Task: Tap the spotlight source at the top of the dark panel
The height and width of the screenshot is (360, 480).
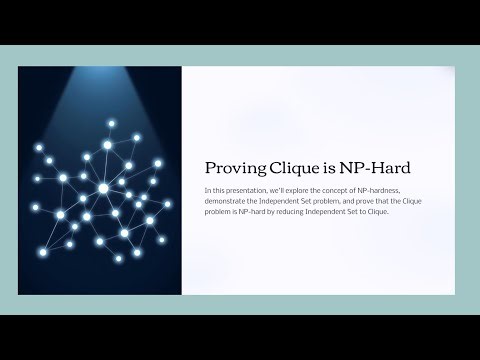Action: point(100,72)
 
